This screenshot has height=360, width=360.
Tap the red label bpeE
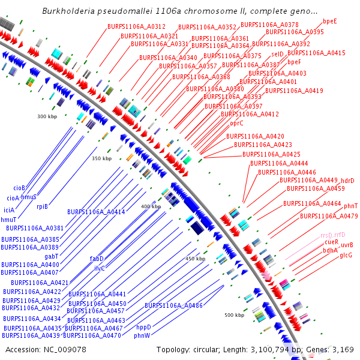point(329,21)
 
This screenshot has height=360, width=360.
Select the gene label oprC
point(237,123)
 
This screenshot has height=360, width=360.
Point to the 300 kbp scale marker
point(47,116)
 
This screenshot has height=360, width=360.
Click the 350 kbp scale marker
point(101,159)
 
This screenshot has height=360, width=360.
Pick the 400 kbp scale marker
point(151,207)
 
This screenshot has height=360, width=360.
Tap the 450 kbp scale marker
point(195,259)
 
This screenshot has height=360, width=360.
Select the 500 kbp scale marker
point(234,315)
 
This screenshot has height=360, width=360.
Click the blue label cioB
point(19,188)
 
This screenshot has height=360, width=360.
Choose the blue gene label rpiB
point(42,206)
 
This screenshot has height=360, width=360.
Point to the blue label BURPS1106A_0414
point(96,212)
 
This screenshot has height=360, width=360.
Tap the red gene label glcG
point(346,256)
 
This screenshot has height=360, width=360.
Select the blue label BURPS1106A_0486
point(173,306)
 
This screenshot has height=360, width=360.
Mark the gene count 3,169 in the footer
point(344,350)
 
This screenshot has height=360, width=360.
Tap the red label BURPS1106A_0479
point(329,216)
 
